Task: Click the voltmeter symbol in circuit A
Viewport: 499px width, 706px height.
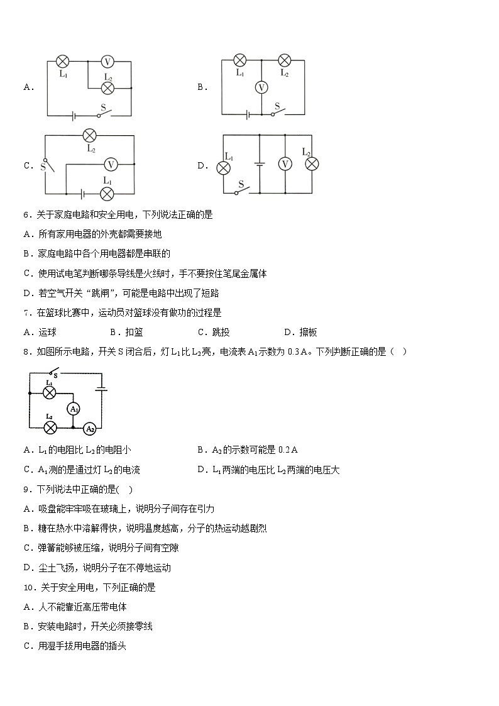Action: [x=107, y=62]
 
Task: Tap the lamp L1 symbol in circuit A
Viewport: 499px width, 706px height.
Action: [x=62, y=61]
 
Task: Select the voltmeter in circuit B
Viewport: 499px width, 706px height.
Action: [x=261, y=88]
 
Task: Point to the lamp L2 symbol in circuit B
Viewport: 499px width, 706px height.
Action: [x=284, y=60]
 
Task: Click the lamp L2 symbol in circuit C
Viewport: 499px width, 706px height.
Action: [x=90, y=135]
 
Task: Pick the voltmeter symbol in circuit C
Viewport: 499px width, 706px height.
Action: [x=111, y=164]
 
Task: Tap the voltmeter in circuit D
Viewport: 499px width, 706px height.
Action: [x=285, y=163]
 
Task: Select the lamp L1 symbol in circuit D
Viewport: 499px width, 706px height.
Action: [x=223, y=167]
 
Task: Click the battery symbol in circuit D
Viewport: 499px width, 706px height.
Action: [x=258, y=164]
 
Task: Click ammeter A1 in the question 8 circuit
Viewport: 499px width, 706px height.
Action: [x=74, y=409]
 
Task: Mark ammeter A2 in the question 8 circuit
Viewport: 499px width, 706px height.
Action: [x=90, y=428]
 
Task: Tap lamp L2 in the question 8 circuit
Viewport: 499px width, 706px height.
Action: [x=50, y=427]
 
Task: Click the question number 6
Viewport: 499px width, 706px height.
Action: [x=26, y=214]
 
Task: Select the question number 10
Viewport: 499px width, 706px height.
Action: [x=29, y=587]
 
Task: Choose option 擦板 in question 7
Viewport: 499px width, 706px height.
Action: [x=308, y=333]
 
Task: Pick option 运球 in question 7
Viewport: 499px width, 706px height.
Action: [x=47, y=333]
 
